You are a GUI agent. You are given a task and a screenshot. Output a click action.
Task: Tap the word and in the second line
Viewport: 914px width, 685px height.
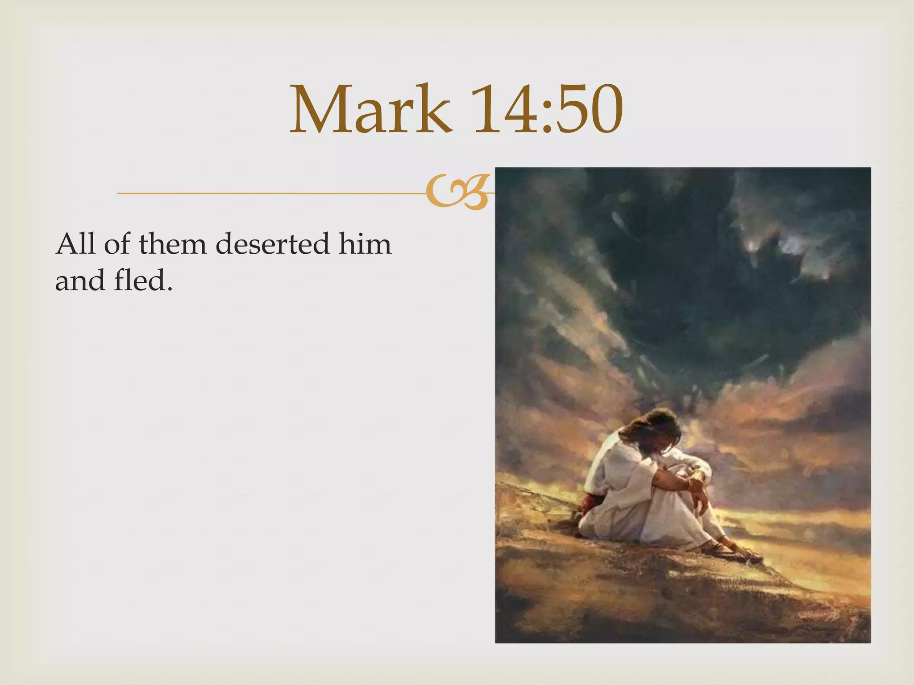coord(80,281)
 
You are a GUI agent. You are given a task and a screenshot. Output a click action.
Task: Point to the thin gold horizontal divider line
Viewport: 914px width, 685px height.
coord(268,193)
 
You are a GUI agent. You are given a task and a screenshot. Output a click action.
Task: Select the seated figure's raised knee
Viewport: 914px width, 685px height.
coord(687,468)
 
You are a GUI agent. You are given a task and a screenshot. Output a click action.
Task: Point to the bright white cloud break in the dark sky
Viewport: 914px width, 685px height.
coord(790,245)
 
